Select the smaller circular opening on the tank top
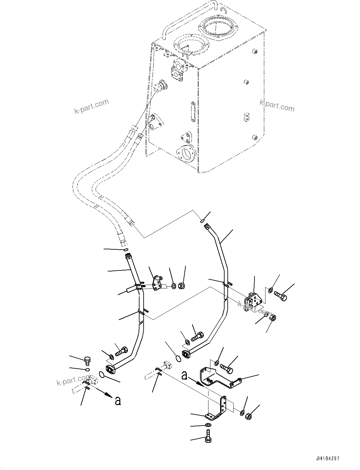pos(190,46)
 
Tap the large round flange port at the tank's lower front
pos(187,154)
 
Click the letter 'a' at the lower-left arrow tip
pos(117,401)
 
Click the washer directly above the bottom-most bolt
pos(208,425)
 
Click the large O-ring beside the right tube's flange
pos(178,359)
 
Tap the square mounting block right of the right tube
pos(252,302)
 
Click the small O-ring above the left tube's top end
pos(126,250)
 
